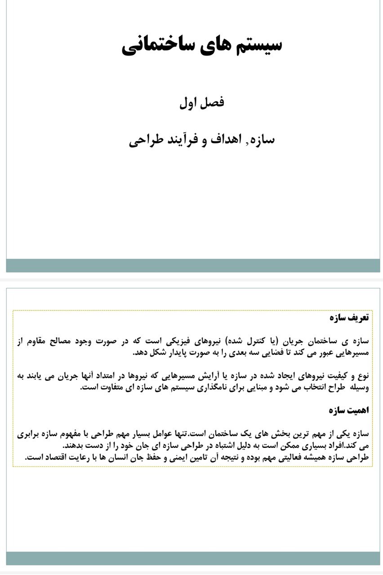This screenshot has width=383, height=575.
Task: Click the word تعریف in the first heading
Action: point(359,318)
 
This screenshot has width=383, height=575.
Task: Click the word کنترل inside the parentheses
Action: point(264,341)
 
